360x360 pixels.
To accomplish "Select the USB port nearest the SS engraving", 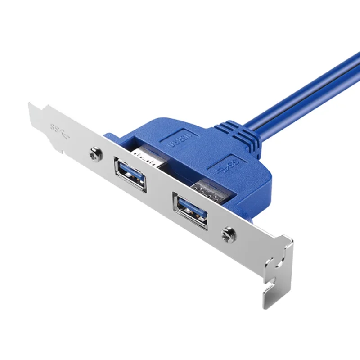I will click(x=130, y=175).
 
